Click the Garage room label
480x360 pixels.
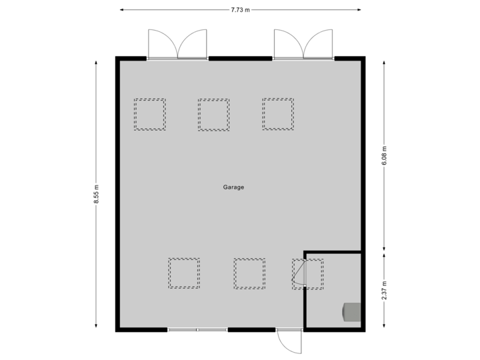click(233, 187)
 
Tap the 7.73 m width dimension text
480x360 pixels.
click(240, 10)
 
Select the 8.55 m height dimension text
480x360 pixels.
click(97, 194)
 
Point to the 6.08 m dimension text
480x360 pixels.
click(384, 156)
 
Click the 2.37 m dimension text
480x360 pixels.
click(384, 290)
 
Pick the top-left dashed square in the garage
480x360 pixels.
click(149, 115)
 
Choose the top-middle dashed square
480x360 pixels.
click(213, 115)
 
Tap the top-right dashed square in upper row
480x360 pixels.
click(277, 114)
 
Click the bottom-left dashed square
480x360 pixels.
click(184, 273)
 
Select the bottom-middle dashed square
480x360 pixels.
click(249, 273)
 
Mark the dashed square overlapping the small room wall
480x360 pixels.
click(308, 273)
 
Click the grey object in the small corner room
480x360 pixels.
click(351, 312)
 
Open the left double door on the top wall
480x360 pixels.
click(177, 44)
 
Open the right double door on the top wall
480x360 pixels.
click(303, 44)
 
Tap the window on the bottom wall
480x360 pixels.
click(197, 329)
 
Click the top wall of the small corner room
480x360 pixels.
click(333, 252)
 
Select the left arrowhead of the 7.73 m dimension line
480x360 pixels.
click(123, 10)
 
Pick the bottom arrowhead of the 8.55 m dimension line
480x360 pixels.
click(97, 326)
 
